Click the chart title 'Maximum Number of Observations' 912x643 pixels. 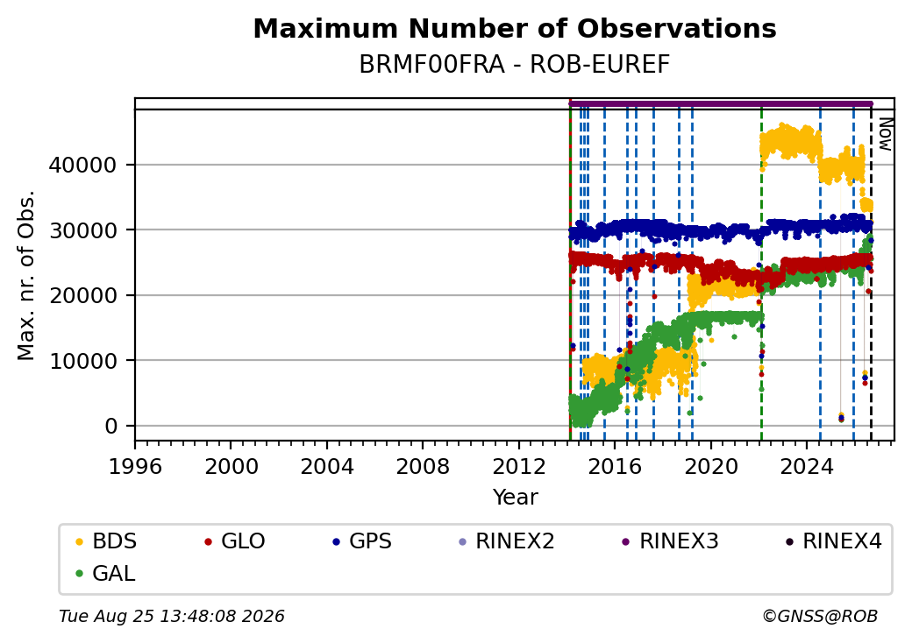click(x=515, y=28)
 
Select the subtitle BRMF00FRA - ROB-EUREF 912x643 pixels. click(x=515, y=65)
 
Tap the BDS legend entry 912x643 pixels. click(x=106, y=541)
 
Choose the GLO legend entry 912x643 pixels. click(x=235, y=541)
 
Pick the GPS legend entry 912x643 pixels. click(x=362, y=541)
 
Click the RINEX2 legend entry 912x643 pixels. click(x=507, y=541)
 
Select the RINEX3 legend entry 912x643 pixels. click(x=671, y=541)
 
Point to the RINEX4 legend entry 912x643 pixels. click(x=834, y=541)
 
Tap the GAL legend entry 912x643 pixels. click(x=106, y=573)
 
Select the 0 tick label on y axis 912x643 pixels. click(x=111, y=427)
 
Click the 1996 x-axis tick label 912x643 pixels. click(x=135, y=466)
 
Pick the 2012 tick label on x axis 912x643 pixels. click(x=518, y=466)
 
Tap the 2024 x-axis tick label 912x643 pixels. click(x=806, y=466)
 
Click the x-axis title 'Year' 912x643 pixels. click(x=516, y=498)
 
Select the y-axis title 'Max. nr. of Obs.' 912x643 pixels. click(x=26, y=275)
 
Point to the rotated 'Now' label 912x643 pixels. click(x=885, y=134)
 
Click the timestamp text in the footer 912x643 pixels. click(x=172, y=616)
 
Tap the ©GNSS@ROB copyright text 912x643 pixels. click(x=820, y=616)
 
